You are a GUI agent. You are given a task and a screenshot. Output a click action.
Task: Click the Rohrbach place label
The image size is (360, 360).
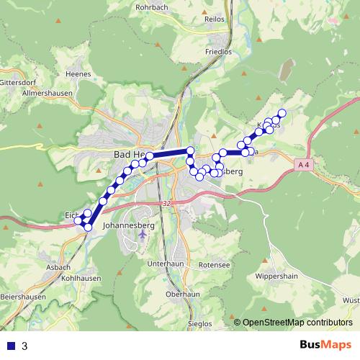pyautogui.click(x=153, y=9)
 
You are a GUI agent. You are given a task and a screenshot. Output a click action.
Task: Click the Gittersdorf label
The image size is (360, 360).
pyautogui.click(x=17, y=82)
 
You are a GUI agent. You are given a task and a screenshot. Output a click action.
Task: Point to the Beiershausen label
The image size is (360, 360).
pyautogui.click(x=23, y=297)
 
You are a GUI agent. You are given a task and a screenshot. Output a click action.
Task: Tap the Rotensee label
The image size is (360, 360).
pyautogui.click(x=215, y=264)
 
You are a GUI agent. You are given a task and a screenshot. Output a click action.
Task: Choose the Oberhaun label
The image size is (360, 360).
pyautogui.click(x=182, y=294)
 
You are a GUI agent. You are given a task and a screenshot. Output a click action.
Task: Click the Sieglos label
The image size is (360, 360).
pyautogui.click(x=200, y=323)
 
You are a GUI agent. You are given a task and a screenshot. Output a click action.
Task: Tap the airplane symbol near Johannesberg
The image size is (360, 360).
pyautogui.click(x=143, y=234)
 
